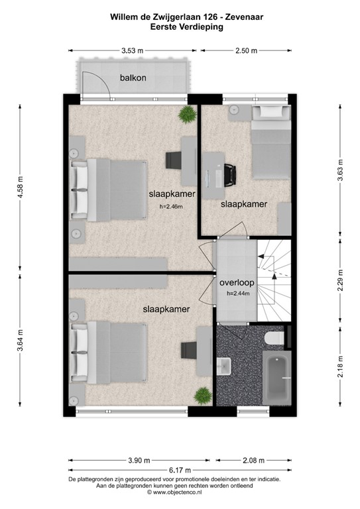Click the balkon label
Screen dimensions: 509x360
[133, 78]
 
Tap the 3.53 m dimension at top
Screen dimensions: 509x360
[133, 50]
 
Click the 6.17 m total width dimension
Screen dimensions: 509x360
[180, 469]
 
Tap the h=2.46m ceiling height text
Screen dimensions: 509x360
[171, 207]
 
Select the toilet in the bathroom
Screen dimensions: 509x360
[274, 339]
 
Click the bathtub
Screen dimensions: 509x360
[275, 378]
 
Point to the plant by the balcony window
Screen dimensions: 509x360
[187, 114]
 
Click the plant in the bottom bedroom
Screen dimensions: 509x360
[202, 396]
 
